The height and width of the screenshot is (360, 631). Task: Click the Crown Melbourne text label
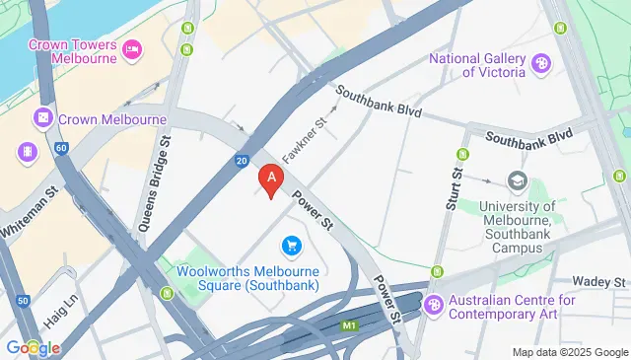point(112,119)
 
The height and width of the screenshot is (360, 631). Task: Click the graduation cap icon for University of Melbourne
point(517,180)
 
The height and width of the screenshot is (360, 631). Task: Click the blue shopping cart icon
point(292,244)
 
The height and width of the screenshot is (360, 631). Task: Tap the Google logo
point(32,347)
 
